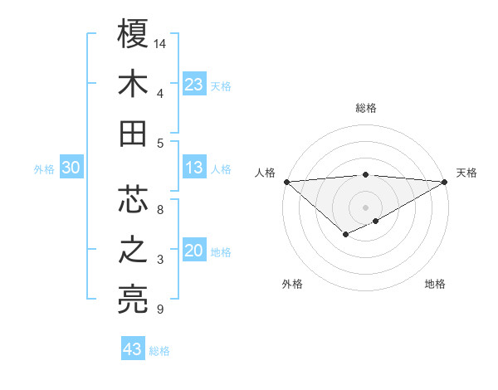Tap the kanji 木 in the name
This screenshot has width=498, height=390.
pyautogui.click(x=133, y=84)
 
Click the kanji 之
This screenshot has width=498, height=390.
pyautogui.click(x=133, y=250)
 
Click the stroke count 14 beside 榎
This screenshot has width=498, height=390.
pyautogui.click(x=161, y=42)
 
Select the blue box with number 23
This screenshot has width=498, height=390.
pyautogui.click(x=193, y=84)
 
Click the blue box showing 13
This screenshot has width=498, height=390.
pyautogui.click(x=193, y=168)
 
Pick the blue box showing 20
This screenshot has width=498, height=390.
pyautogui.click(x=193, y=251)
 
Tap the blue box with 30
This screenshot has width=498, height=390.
pyautogui.click(x=71, y=168)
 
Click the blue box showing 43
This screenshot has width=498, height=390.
pyautogui.click(x=132, y=349)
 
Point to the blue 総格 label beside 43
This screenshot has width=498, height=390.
pyautogui.click(x=159, y=351)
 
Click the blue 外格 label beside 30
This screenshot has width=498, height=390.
pyautogui.click(x=44, y=169)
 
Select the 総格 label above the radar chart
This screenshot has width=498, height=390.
pyautogui.click(x=366, y=108)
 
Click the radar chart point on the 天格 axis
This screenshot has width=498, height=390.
pyautogui.click(x=445, y=182)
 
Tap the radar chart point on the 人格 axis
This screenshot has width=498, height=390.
pyautogui.click(x=286, y=182)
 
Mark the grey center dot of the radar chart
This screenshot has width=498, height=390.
pyautogui.click(x=365, y=206)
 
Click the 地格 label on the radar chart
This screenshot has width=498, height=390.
pyautogui.click(x=435, y=285)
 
